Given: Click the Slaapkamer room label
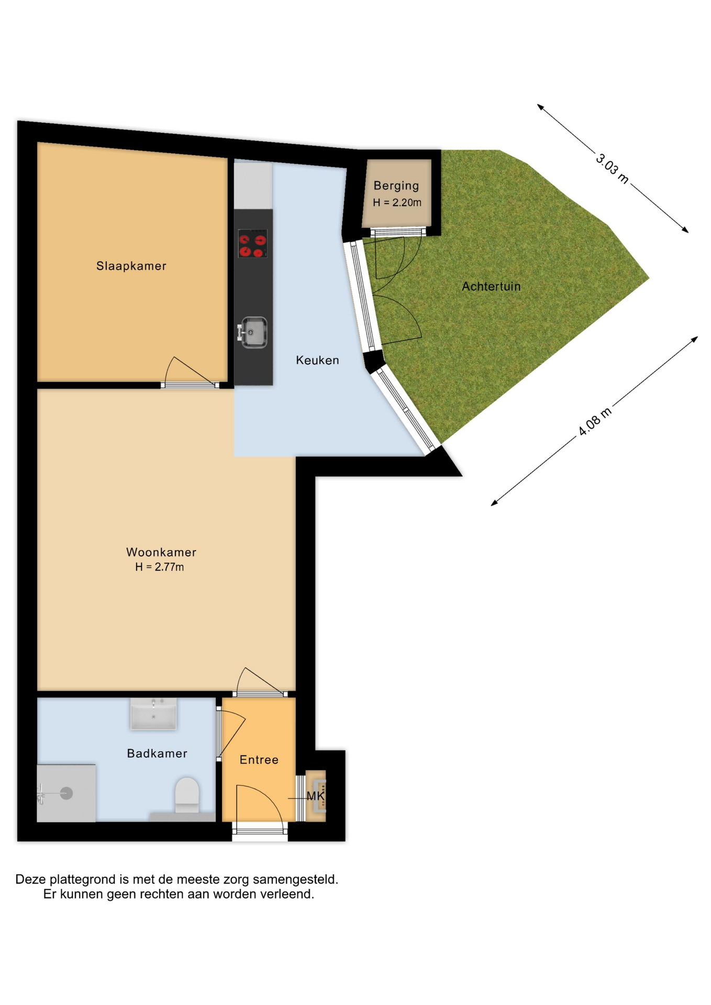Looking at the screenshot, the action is [131, 266].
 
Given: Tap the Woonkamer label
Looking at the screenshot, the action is [161, 552].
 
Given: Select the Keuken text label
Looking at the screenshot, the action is [317, 360].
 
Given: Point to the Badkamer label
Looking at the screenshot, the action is [157, 753].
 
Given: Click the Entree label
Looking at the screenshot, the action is [259, 760].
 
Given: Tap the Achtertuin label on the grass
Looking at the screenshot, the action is [491, 286].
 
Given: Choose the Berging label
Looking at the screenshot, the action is [396, 186].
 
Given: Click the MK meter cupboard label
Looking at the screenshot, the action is [315, 796].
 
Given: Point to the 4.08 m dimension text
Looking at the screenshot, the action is [595, 421].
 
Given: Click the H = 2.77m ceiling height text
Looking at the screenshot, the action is [159, 567].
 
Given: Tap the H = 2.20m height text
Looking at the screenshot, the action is [397, 203].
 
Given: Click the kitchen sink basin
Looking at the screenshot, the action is [253, 332].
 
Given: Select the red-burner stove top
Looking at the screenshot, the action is [253, 244].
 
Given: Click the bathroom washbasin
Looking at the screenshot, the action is [153, 713].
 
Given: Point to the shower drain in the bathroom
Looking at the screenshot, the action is [66, 794].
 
